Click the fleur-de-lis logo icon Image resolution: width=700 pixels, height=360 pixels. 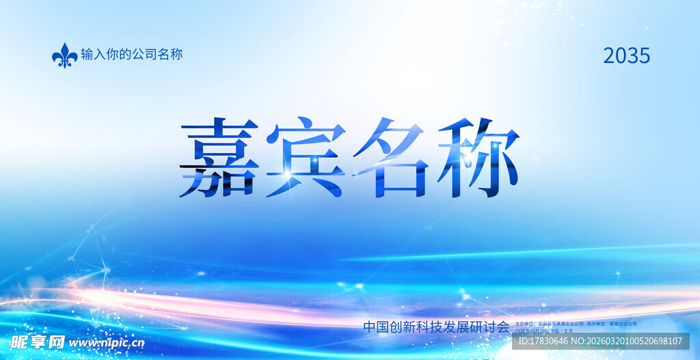click(65, 55)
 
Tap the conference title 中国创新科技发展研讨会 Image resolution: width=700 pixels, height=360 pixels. click(436, 327)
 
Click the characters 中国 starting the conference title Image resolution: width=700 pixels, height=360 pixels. click(375, 327)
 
